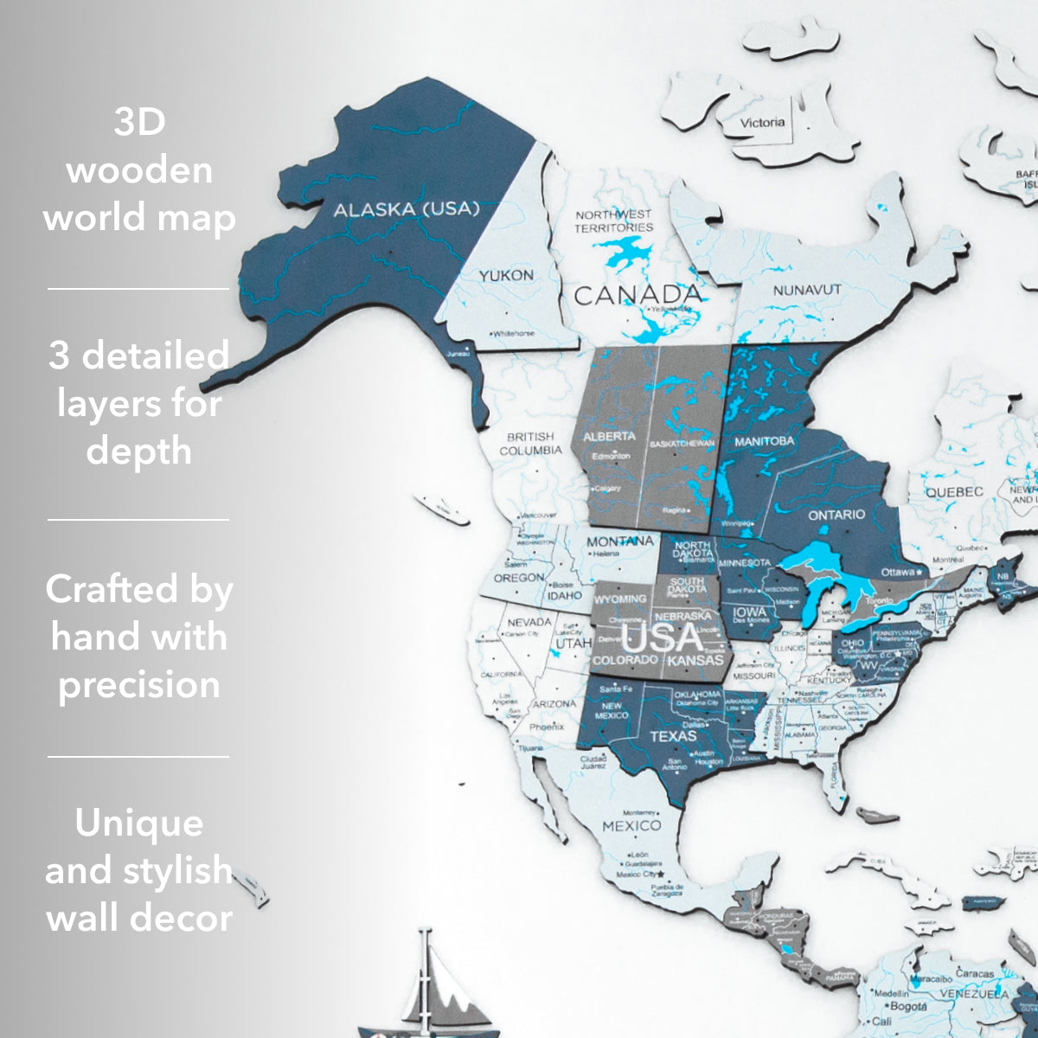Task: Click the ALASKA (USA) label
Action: (406, 209)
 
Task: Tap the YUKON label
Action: (506, 275)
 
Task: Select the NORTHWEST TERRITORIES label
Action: (614, 221)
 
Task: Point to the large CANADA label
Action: (638, 295)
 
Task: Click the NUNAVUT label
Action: (806, 291)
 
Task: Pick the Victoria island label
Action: (762, 123)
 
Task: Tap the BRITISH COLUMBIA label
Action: (530, 444)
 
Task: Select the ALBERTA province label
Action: (609, 436)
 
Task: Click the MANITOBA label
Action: (764, 441)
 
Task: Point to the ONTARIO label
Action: (836, 516)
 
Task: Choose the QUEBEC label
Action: (954, 491)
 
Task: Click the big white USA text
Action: (663, 638)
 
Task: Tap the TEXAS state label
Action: (672, 736)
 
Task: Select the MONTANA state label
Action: (619, 541)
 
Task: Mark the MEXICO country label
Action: (631, 825)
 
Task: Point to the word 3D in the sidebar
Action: (139, 122)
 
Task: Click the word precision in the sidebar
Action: (139, 684)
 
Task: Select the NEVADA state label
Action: (529, 622)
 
